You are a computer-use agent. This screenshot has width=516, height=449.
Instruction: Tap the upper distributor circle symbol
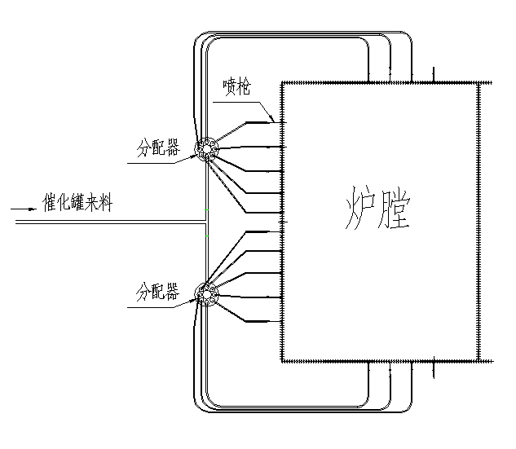tap(205, 150)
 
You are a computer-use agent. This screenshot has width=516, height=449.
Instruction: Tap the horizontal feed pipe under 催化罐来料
tap(106, 222)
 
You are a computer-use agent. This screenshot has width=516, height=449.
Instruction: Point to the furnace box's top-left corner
tap(283, 82)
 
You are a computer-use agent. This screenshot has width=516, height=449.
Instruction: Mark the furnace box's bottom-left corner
tap(283, 360)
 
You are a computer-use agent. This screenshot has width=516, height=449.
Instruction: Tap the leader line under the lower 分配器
tap(155, 307)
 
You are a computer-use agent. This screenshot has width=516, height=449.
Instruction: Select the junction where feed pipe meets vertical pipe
tap(205, 222)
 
